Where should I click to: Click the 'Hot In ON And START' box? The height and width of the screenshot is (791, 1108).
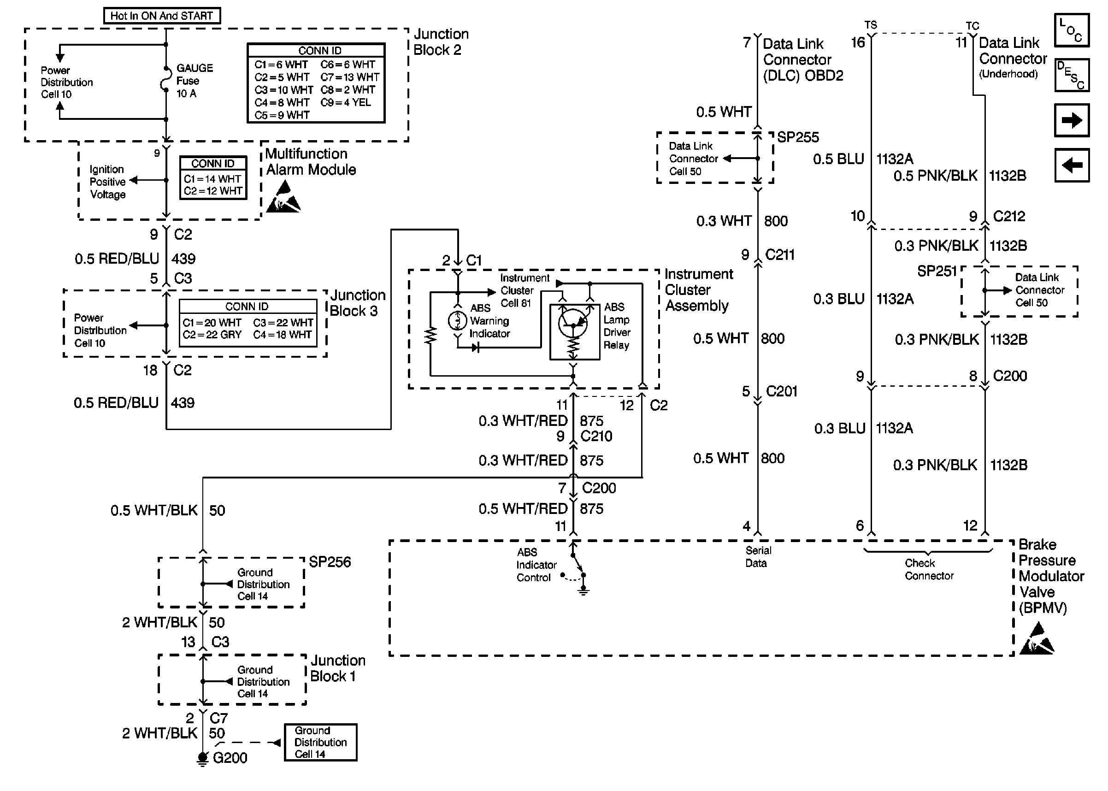coord(162,16)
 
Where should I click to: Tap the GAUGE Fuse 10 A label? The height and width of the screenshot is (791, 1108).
coord(194,81)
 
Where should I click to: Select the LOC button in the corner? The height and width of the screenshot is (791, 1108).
coord(1071,30)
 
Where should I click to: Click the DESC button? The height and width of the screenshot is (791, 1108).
coord(1071,76)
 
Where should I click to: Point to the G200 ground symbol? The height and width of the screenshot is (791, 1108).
coord(203,758)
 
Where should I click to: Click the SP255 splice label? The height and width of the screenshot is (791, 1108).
coord(798,137)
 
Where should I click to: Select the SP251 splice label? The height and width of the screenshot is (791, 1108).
coord(937,272)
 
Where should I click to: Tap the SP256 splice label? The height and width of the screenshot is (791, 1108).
coord(330,562)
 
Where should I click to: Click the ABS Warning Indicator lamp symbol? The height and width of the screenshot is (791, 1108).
coord(457,321)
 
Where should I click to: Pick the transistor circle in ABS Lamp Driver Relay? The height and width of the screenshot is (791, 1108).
coord(573,323)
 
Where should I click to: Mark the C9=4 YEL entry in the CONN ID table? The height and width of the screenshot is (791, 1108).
coord(345,103)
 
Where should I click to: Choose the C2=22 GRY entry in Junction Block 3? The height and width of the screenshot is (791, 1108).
coord(212,335)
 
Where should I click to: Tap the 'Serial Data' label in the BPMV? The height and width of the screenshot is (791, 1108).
coord(758,557)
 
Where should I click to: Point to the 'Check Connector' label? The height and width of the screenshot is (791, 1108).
coord(929,569)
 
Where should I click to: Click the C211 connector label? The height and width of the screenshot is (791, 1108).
coord(780,255)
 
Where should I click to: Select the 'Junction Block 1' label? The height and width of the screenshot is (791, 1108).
coord(338,668)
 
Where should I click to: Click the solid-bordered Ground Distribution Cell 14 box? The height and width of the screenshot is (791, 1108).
coord(320,742)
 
